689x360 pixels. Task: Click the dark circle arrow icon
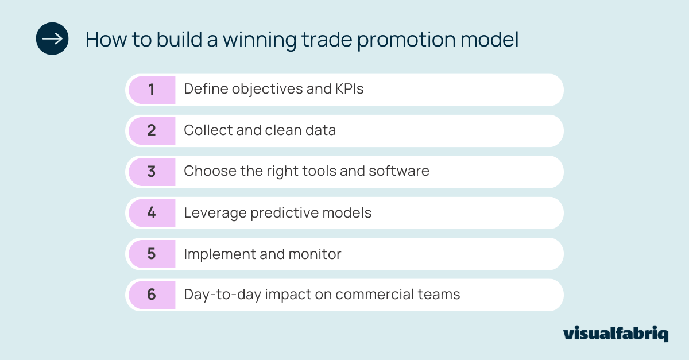click(x=52, y=38)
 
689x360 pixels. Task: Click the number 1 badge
click(x=152, y=90)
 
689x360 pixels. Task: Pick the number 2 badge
click(x=152, y=130)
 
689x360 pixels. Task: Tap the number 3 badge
click(x=152, y=172)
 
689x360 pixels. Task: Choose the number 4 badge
click(x=152, y=212)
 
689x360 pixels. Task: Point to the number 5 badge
click(x=152, y=254)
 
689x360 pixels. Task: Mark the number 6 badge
click(x=152, y=295)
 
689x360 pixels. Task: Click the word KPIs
click(x=349, y=90)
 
